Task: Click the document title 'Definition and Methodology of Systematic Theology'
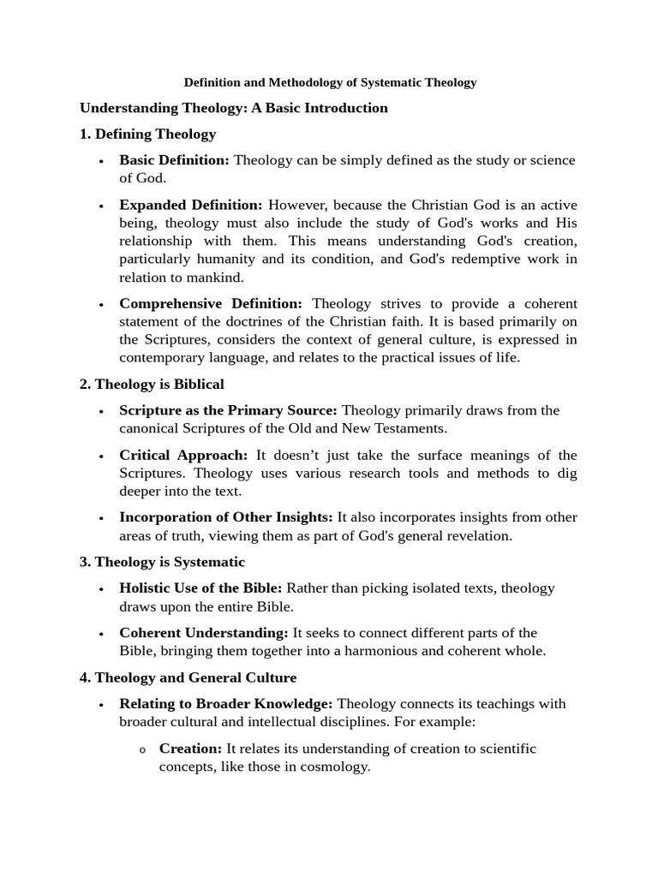click(x=331, y=83)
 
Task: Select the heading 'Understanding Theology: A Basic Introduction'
click(x=233, y=108)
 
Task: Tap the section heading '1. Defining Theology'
click(x=147, y=134)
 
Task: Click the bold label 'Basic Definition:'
click(x=174, y=160)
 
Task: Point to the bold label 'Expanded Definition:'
click(x=191, y=205)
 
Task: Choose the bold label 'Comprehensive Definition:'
click(x=211, y=304)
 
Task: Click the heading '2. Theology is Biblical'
click(x=152, y=385)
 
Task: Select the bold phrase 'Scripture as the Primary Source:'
click(x=228, y=410)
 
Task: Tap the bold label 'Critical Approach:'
click(x=183, y=455)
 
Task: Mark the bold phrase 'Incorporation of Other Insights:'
click(x=226, y=517)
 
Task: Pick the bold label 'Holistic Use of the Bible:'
click(x=200, y=588)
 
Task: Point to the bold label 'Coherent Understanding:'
click(x=204, y=633)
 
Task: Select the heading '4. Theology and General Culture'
click(x=188, y=677)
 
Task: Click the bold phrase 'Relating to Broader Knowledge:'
click(x=226, y=704)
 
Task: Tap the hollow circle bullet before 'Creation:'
click(x=143, y=750)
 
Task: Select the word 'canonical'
click(x=150, y=428)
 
